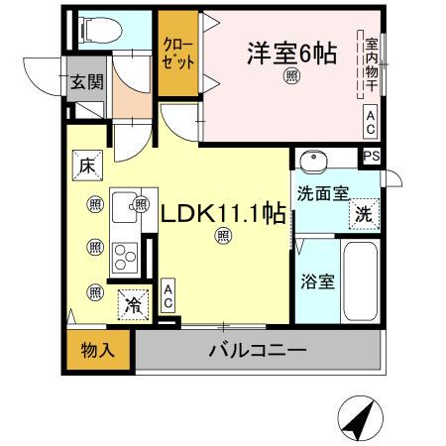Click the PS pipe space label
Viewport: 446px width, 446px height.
[x=371, y=157]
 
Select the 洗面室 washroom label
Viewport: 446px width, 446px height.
[x=320, y=194]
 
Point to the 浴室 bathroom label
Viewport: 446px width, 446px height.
[x=316, y=279]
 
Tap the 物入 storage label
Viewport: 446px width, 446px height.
[x=97, y=350]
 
